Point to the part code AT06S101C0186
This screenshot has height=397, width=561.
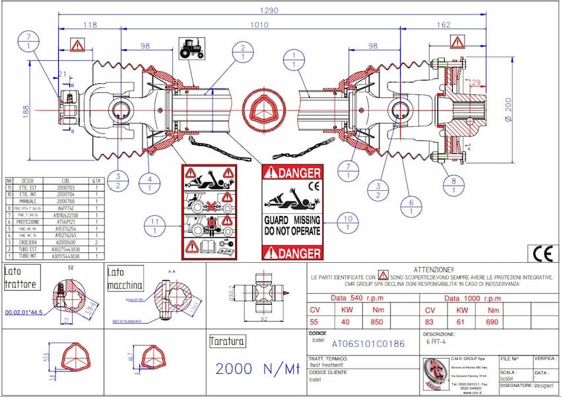(x=368, y=344)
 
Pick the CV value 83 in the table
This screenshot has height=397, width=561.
(x=430, y=322)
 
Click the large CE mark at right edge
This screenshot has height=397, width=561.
(x=540, y=254)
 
